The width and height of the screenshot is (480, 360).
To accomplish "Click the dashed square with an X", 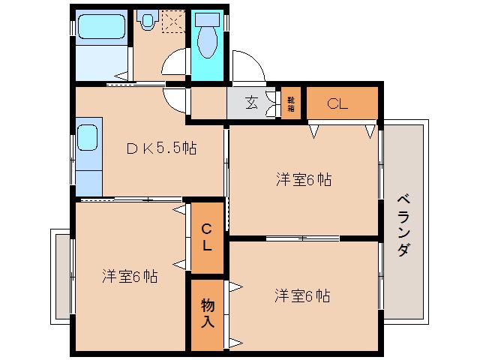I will tap(173, 22).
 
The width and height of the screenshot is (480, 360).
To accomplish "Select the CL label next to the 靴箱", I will tap(338, 104).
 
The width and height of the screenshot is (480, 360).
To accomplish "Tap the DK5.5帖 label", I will tap(161, 148).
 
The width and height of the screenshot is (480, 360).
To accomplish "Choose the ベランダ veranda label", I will tap(403, 225).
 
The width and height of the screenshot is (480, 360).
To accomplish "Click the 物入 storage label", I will tap(207, 313).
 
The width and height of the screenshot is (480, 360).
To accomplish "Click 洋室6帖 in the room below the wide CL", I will tap(303, 179).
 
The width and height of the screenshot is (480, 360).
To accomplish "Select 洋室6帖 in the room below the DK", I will tap(130, 276).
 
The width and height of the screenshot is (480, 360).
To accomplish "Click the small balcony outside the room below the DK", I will tap(60, 275).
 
